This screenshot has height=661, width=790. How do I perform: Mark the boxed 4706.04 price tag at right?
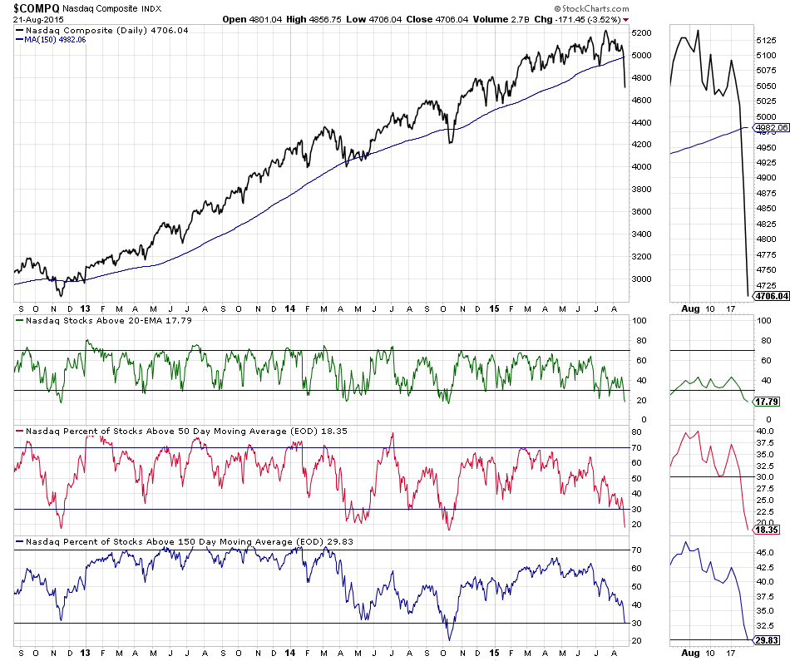point(771,295)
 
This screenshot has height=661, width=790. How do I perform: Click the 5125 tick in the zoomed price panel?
point(766,39)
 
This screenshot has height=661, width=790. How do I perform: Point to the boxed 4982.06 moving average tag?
point(770,128)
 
